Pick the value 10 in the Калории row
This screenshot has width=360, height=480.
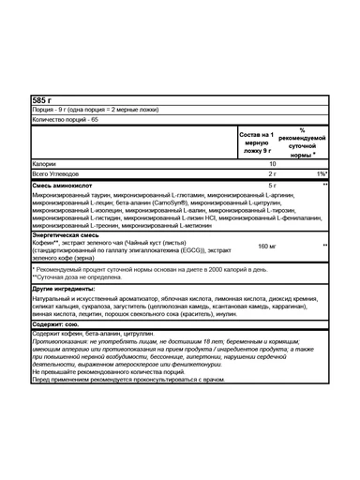272,164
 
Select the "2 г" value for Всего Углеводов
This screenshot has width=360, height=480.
272,174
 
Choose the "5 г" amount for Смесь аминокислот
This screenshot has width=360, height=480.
272,186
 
